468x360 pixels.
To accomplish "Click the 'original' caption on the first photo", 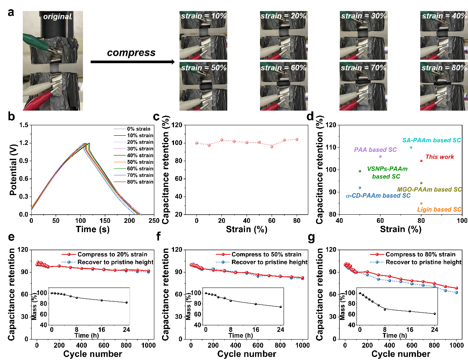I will pos(57,17).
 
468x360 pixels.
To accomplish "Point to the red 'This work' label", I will pos(439,157).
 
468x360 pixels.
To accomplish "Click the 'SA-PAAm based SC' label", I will pos(432,140).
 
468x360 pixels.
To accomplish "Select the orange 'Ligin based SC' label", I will pos(439,210).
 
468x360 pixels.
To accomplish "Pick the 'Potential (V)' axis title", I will pos(12,170).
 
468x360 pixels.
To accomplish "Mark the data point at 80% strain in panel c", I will pos(297,139).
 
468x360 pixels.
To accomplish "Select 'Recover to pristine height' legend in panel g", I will pos(424,262).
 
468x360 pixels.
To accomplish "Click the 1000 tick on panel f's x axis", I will pos(303,345).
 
